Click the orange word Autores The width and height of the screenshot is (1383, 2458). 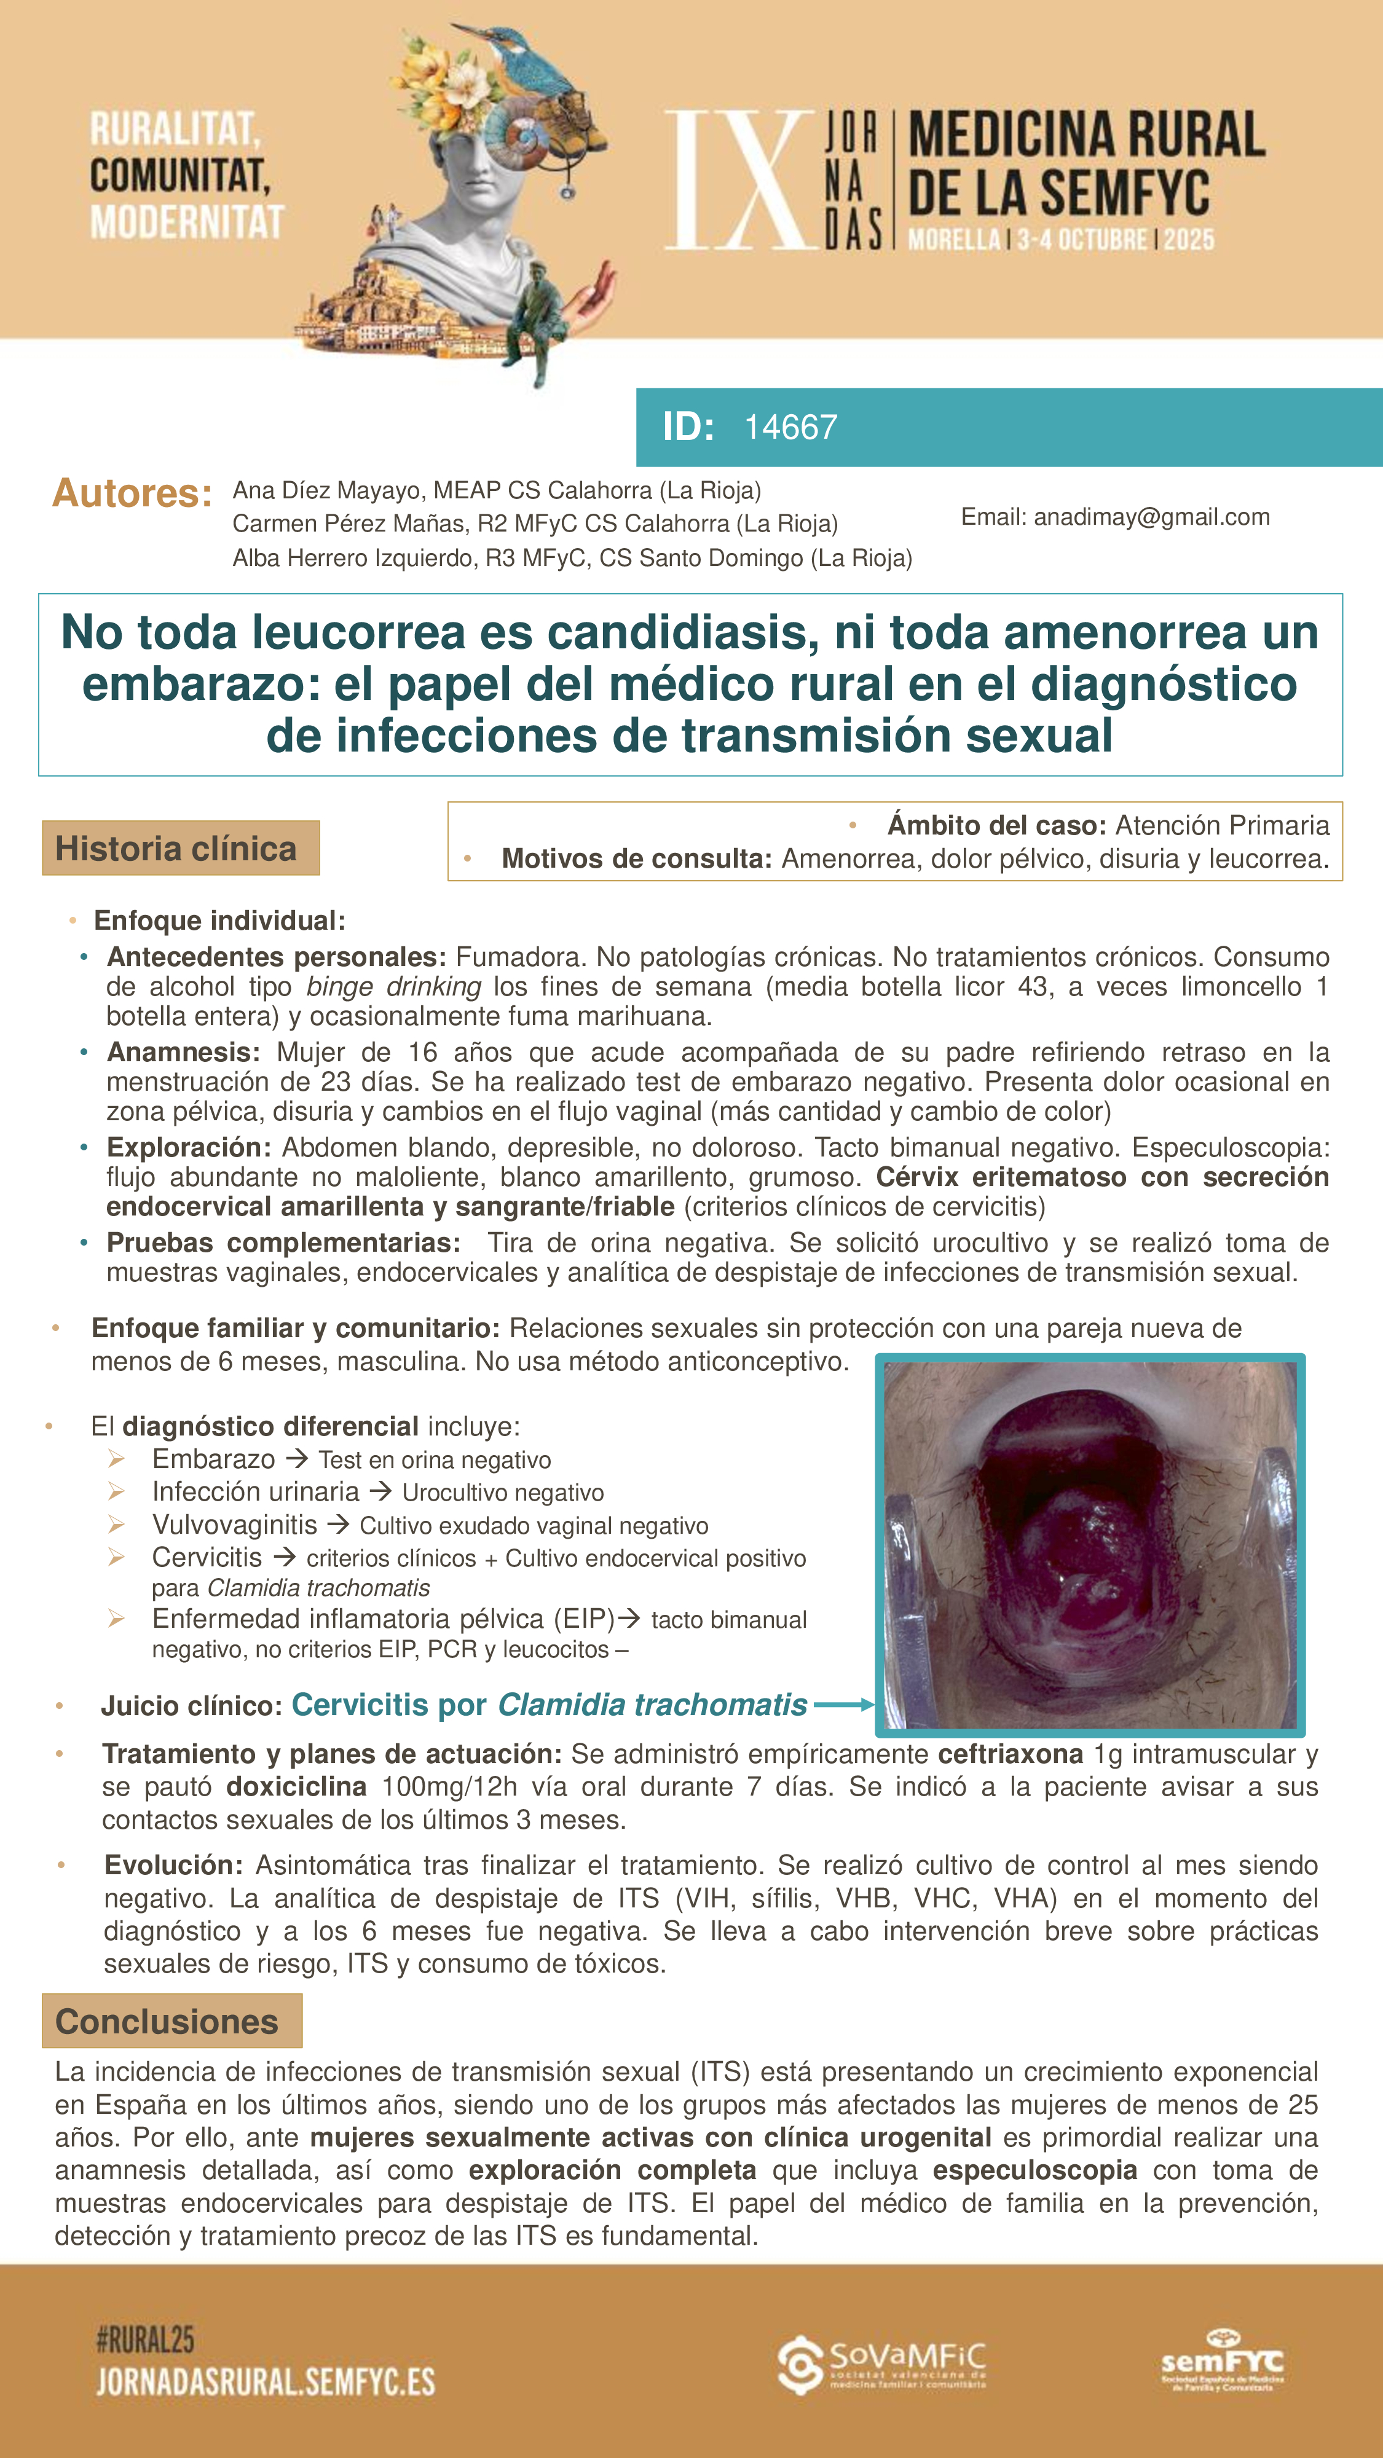pos(132,493)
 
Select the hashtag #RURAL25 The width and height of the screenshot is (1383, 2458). pos(145,2339)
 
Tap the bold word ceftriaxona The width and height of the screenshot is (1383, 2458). pos(1010,1754)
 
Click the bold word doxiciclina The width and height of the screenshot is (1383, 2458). pos(296,1786)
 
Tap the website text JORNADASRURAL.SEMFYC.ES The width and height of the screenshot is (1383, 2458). pos(266,2382)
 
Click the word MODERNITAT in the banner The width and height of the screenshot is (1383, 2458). pos(187,221)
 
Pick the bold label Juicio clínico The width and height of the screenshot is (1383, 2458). pos(191,1705)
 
